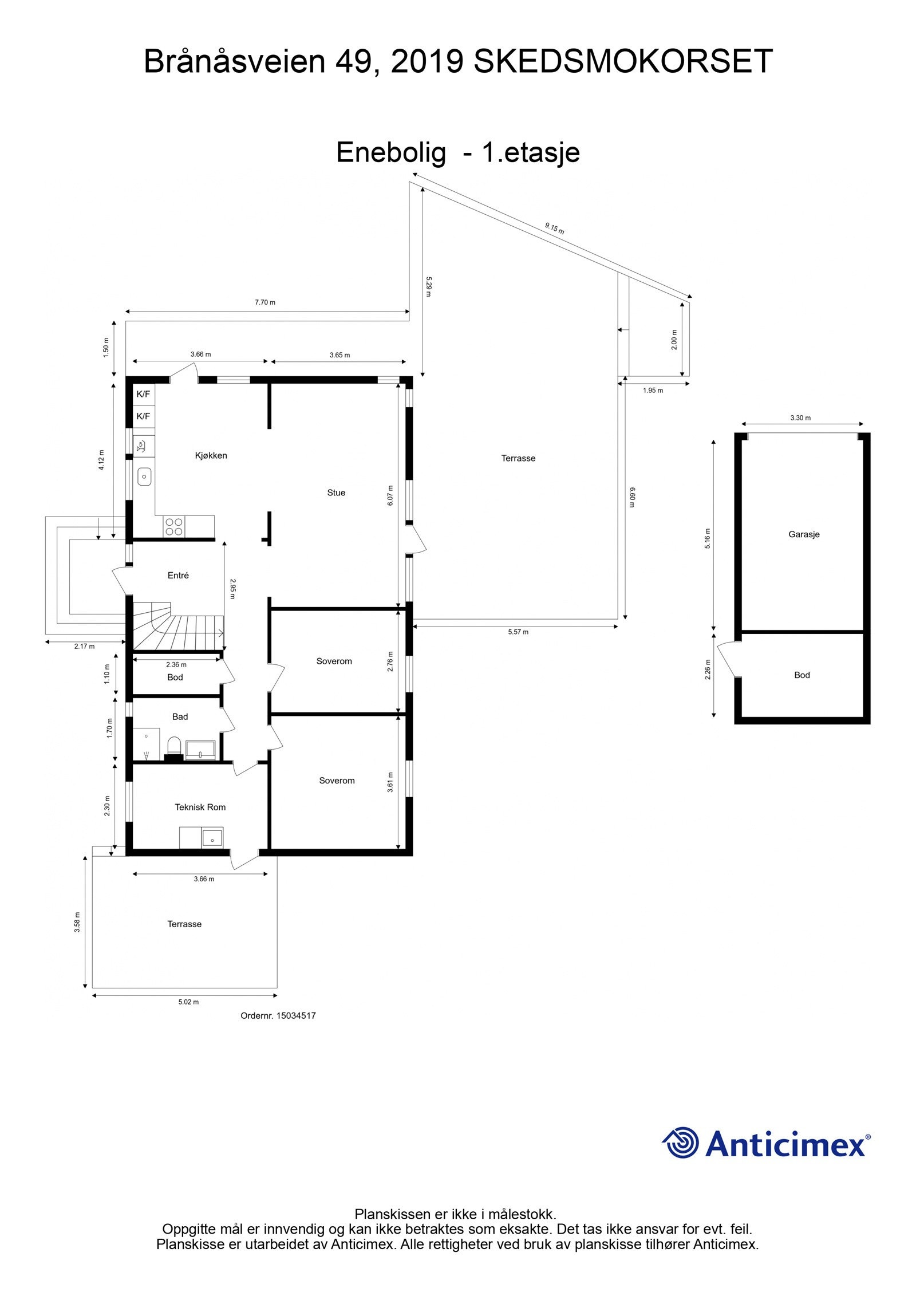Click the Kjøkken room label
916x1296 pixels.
coord(211,455)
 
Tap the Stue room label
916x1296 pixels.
coord(336,493)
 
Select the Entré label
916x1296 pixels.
coord(178,576)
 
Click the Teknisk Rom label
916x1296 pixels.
coord(200,807)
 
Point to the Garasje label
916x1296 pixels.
coord(804,534)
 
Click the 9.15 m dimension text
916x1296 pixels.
coord(554,229)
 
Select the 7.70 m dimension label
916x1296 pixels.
coord(264,302)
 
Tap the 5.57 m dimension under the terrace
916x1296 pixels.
coord(518,632)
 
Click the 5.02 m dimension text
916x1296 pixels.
coord(188,1002)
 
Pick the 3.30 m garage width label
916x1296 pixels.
coord(800,418)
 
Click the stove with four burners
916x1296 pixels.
coord(173,526)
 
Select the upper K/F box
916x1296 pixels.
coord(143,394)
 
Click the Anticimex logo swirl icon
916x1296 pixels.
coord(681,1142)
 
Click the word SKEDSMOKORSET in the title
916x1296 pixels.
coord(623,62)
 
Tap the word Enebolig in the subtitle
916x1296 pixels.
coord(390,152)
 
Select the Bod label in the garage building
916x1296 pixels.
coord(801,675)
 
